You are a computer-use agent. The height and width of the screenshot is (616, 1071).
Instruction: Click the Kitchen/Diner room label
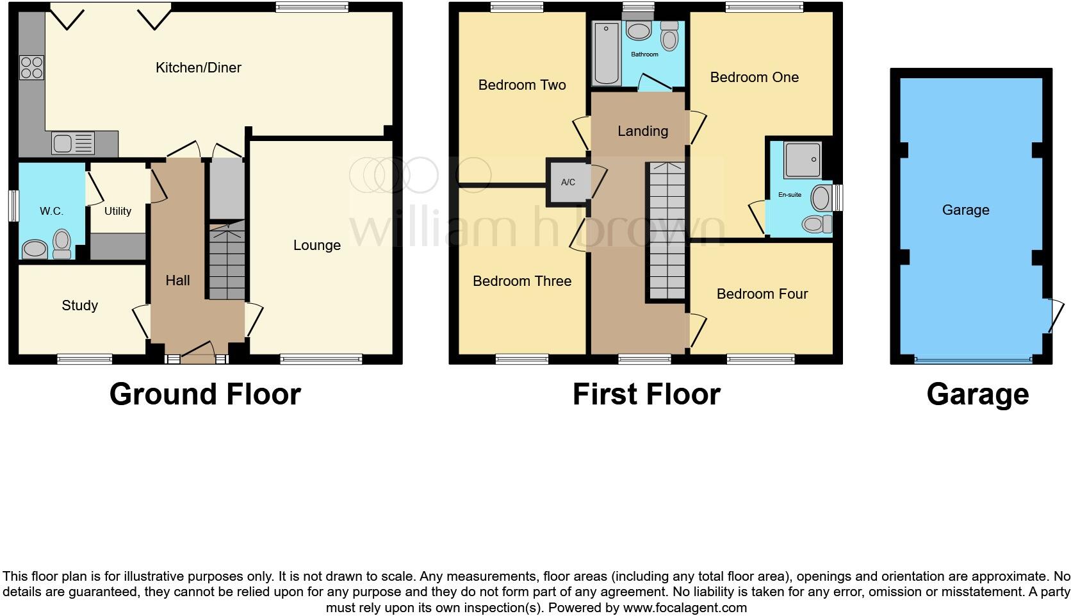[198, 68]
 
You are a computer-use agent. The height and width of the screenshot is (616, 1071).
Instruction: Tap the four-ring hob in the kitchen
[32, 67]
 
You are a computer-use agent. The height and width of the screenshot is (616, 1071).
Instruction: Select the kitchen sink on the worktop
[72, 143]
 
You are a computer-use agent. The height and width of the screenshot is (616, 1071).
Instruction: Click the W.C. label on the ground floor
[51, 211]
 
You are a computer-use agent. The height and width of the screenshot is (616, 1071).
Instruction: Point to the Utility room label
[118, 211]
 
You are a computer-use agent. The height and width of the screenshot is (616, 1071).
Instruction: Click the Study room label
[79, 305]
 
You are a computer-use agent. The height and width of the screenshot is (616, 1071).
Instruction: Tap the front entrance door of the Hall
[197, 353]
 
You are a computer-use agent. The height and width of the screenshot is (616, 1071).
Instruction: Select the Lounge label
[316, 246]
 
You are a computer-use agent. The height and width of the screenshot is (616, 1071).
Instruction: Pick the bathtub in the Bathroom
[606, 53]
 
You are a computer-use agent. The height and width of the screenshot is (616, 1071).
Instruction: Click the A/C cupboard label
[568, 183]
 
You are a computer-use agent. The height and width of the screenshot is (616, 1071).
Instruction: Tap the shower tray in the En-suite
[802, 160]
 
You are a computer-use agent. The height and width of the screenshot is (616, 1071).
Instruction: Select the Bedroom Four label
[762, 294]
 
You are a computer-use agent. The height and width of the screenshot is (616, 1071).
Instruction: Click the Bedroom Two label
[521, 85]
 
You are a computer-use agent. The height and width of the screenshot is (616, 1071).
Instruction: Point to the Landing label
[642, 131]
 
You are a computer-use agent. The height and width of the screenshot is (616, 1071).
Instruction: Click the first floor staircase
[667, 231]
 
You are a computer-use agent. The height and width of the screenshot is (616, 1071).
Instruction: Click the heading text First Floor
[646, 394]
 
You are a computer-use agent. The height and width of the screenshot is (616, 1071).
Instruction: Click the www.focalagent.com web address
[684, 608]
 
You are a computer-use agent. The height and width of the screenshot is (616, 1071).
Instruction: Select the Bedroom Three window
[522, 359]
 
